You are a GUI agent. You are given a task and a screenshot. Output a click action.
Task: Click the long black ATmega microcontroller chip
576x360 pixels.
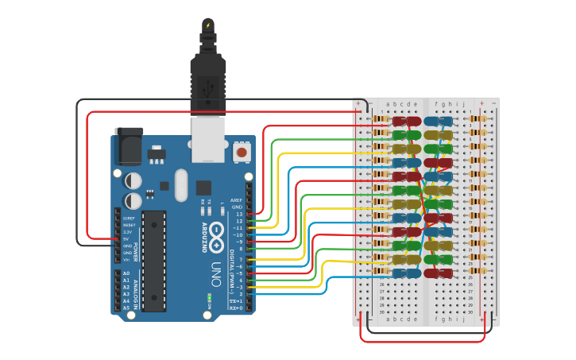click(154, 261)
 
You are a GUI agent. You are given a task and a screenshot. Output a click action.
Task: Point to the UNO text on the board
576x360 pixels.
click(215, 275)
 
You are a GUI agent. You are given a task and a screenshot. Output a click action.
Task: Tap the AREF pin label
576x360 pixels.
click(236, 200)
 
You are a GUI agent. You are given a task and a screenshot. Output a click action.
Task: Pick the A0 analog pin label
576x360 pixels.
click(126, 273)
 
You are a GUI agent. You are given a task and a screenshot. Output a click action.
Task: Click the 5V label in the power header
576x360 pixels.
click(126, 238)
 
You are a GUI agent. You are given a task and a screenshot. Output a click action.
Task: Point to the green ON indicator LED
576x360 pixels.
click(209, 299)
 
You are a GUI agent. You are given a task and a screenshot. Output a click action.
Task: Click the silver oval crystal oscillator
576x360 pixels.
click(181, 185)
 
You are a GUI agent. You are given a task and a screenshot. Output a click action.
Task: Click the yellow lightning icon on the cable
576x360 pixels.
click(208, 26)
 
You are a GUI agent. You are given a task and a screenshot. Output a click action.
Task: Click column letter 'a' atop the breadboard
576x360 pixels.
click(388, 104)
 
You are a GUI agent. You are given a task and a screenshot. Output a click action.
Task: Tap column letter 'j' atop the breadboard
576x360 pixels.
click(463, 104)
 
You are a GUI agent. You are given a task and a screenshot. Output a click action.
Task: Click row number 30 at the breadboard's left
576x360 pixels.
click(381, 312)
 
